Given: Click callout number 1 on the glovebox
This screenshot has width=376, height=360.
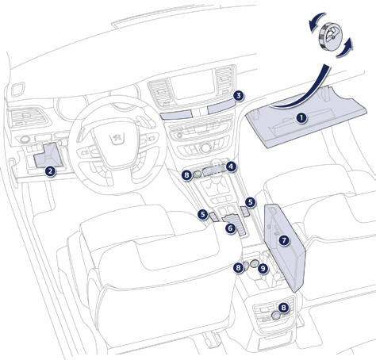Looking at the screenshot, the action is click(301, 118).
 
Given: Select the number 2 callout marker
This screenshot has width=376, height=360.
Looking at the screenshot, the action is click(50, 171).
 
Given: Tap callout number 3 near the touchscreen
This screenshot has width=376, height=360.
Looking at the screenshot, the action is click(239, 96).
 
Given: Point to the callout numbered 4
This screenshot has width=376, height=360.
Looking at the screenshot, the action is click(232, 167).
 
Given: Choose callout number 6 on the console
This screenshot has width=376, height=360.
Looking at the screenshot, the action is click(231, 228).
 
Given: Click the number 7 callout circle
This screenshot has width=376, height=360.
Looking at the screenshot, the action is click(284, 240).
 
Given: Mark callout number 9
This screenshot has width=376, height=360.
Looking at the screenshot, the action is click(263, 269).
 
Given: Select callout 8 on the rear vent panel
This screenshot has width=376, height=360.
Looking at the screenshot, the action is click(284, 308).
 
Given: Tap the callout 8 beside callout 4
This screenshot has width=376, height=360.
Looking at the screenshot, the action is click(187, 175).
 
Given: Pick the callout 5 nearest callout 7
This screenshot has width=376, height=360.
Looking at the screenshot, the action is click(250, 202).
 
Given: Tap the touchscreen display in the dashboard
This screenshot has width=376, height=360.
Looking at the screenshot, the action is click(192, 85).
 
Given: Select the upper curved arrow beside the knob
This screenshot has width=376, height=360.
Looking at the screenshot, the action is click(316, 21).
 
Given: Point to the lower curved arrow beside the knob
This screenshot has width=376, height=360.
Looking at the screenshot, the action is click(345, 48).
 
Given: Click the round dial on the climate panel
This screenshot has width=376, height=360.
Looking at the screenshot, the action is click(205, 148).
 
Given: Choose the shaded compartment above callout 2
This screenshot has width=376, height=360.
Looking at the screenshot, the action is click(48, 155).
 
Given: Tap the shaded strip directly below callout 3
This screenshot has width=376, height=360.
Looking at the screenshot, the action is click(221, 107).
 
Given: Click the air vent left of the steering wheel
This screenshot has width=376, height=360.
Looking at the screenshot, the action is click(27, 117).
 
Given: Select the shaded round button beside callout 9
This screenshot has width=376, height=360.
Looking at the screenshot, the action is click(255, 263).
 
